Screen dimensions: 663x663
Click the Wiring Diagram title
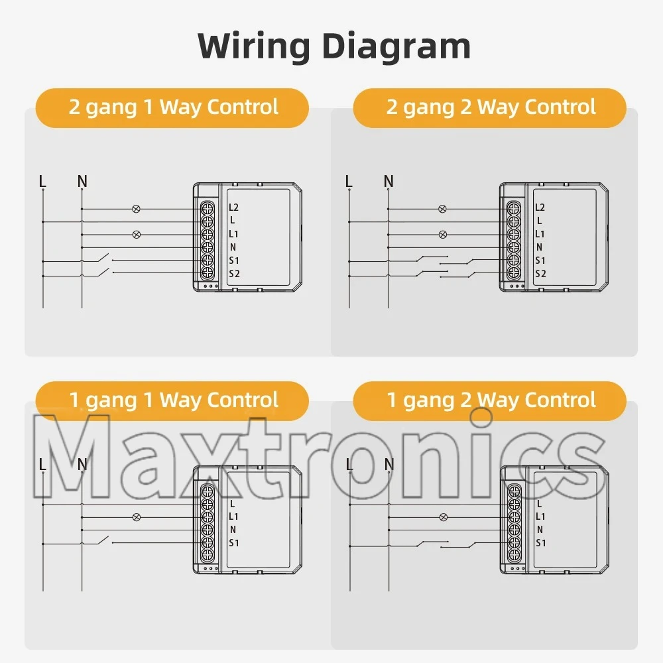coord(334,46)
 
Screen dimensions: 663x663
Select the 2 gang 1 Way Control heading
coord(172,107)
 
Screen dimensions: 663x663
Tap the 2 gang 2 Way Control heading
coord(491,107)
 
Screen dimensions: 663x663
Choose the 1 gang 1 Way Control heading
coord(172,400)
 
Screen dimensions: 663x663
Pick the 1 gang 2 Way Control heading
coord(491,400)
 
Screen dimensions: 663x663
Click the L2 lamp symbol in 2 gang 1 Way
coord(137,209)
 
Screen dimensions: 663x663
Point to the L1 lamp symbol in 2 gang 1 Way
coord(137,235)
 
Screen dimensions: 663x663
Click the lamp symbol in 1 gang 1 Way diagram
coord(137,516)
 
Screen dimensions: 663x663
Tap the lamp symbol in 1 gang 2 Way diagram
coord(443,516)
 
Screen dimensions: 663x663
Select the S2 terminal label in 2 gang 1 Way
coord(234,274)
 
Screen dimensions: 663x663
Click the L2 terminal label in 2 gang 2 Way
coord(540,208)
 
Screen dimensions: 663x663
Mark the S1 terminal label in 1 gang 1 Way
coord(234,543)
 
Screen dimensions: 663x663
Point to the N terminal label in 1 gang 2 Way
coord(540,530)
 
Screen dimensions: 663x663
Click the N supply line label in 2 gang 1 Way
coord(82,181)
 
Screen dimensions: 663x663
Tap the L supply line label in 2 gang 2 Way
coord(349,181)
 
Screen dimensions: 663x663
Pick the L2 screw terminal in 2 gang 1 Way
coord(207,209)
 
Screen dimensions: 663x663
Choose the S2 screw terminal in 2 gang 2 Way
coord(513,273)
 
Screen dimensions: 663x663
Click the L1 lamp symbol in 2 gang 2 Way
coord(443,235)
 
